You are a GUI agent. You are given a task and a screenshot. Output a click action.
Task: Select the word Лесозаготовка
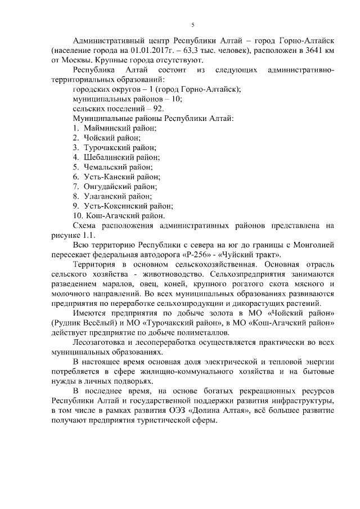(x=103, y=342)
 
